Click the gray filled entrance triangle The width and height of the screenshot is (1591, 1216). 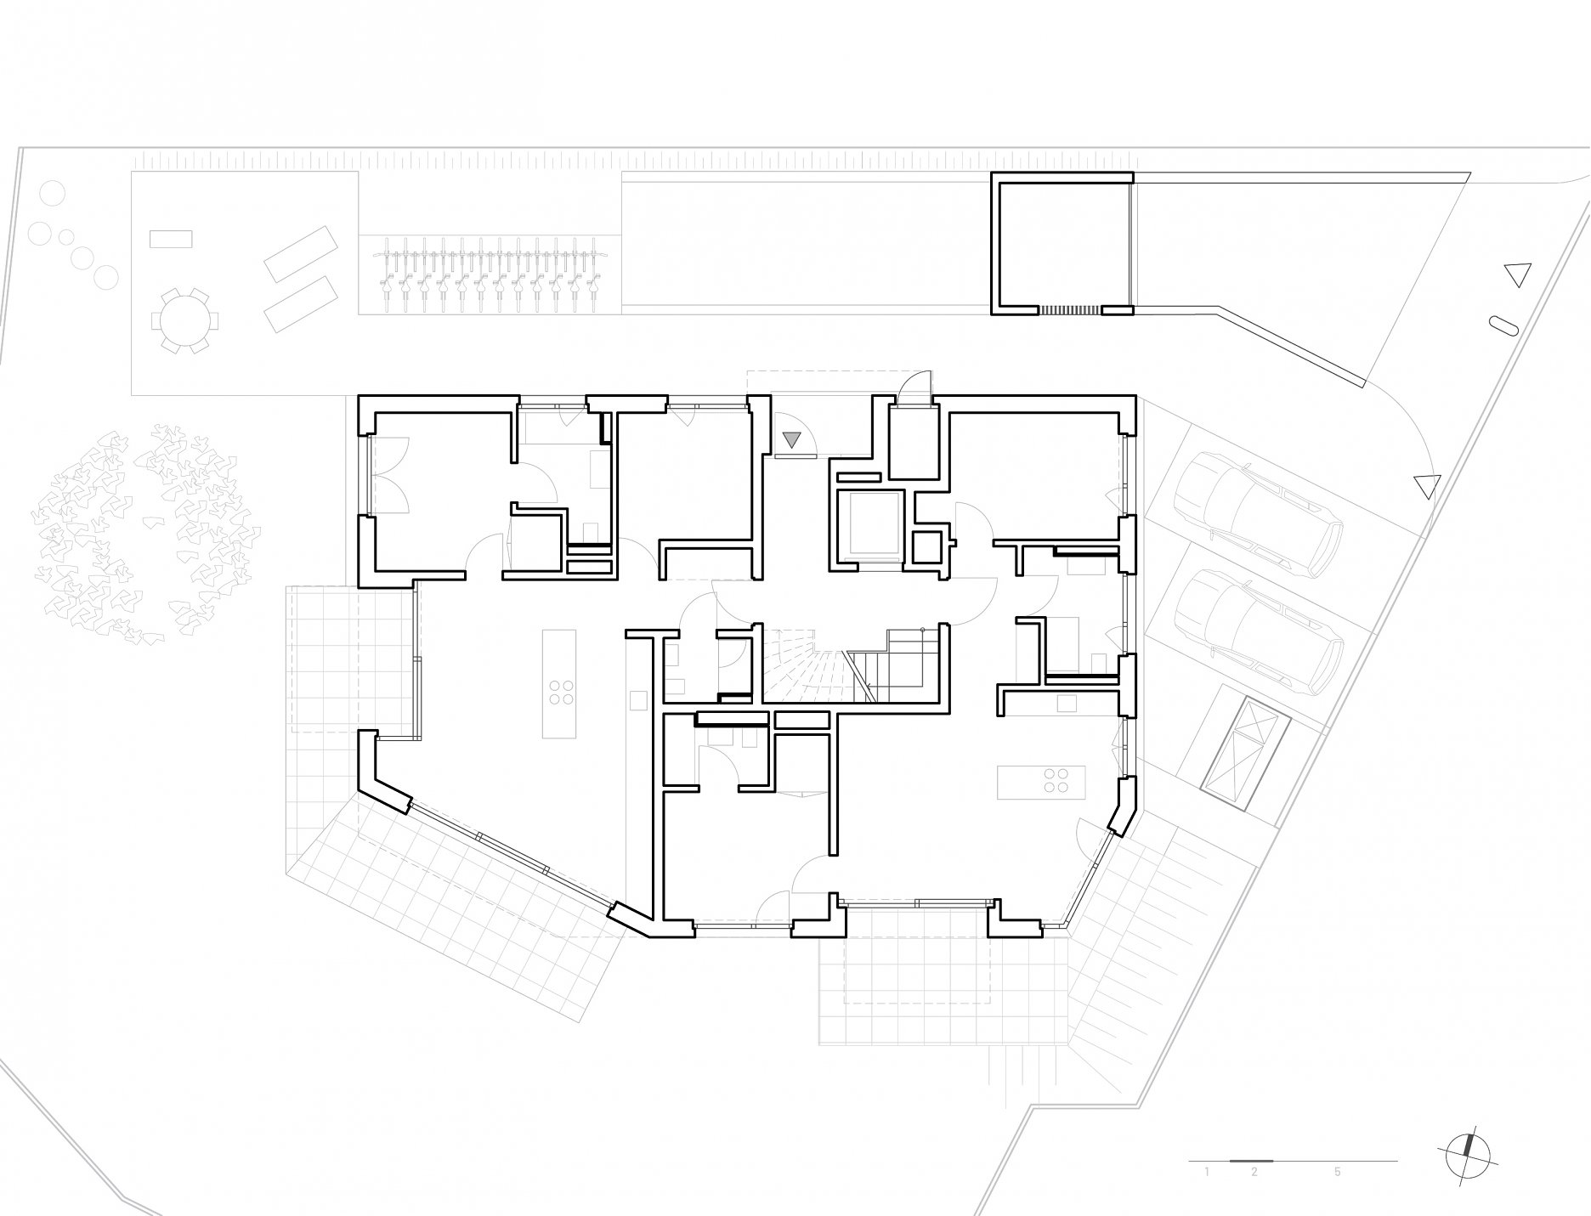tap(792, 439)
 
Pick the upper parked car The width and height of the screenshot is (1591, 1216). tap(1258, 514)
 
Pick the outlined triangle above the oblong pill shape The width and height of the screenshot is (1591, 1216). tap(1516, 274)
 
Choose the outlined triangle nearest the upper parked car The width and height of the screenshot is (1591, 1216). tap(1428, 486)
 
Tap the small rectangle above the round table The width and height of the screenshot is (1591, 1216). tap(171, 238)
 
